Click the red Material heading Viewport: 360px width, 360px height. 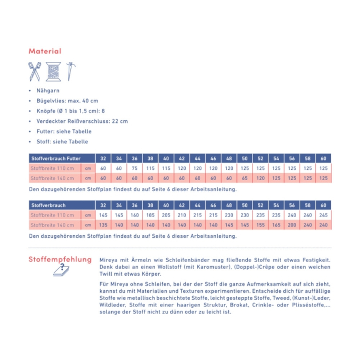pyautogui.click(x=45, y=51)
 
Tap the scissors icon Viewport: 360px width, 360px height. pyautogui.click(x=35, y=71)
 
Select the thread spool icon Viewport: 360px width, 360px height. pyautogui.click(x=53, y=71)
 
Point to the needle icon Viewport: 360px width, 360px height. pyautogui.click(x=70, y=71)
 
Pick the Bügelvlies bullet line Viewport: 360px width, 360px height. pyautogui.click(x=67, y=101)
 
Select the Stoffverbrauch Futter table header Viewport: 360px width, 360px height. pyautogui.click(x=56, y=159)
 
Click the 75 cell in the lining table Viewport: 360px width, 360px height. pyautogui.click(x=134, y=168)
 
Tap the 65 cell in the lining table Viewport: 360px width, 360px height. pyautogui.click(x=244, y=178)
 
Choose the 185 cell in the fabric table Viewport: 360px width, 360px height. pyautogui.click(x=150, y=215)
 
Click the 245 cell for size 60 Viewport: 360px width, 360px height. pyautogui.click(x=323, y=215)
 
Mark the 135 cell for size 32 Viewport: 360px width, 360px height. pyautogui.click(x=103, y=225)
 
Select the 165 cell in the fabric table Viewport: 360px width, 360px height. pyautogui.click(x=276, y=225)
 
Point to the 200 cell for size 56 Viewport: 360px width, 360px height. pyautogui.click(x=292, y=225)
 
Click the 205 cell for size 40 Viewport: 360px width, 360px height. pyautogui.click(x=166, y=215)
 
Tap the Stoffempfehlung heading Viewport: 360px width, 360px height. pyautogui.click(x=60, y=259)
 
